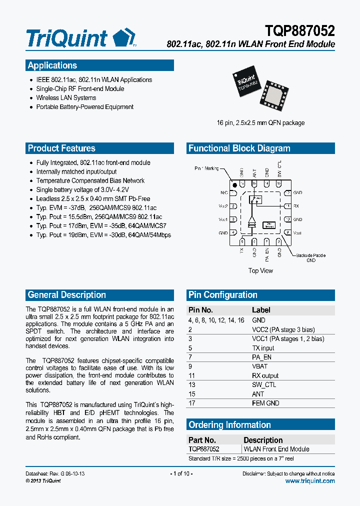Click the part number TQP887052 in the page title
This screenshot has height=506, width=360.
300,31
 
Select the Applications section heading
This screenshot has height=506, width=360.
52,65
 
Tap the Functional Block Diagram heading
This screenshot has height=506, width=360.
239,148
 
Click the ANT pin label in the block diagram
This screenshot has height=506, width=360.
254,173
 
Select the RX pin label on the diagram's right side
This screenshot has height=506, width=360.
296,206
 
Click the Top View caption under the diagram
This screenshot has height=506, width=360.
260,270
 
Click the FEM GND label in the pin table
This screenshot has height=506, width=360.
265,403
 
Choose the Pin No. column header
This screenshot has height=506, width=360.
200,310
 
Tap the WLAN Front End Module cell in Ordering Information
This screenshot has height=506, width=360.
276,449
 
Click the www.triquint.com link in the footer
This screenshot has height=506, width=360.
310,481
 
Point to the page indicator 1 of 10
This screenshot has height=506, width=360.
180,473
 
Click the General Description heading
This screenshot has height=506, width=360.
67,295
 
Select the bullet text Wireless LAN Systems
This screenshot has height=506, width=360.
66,98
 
